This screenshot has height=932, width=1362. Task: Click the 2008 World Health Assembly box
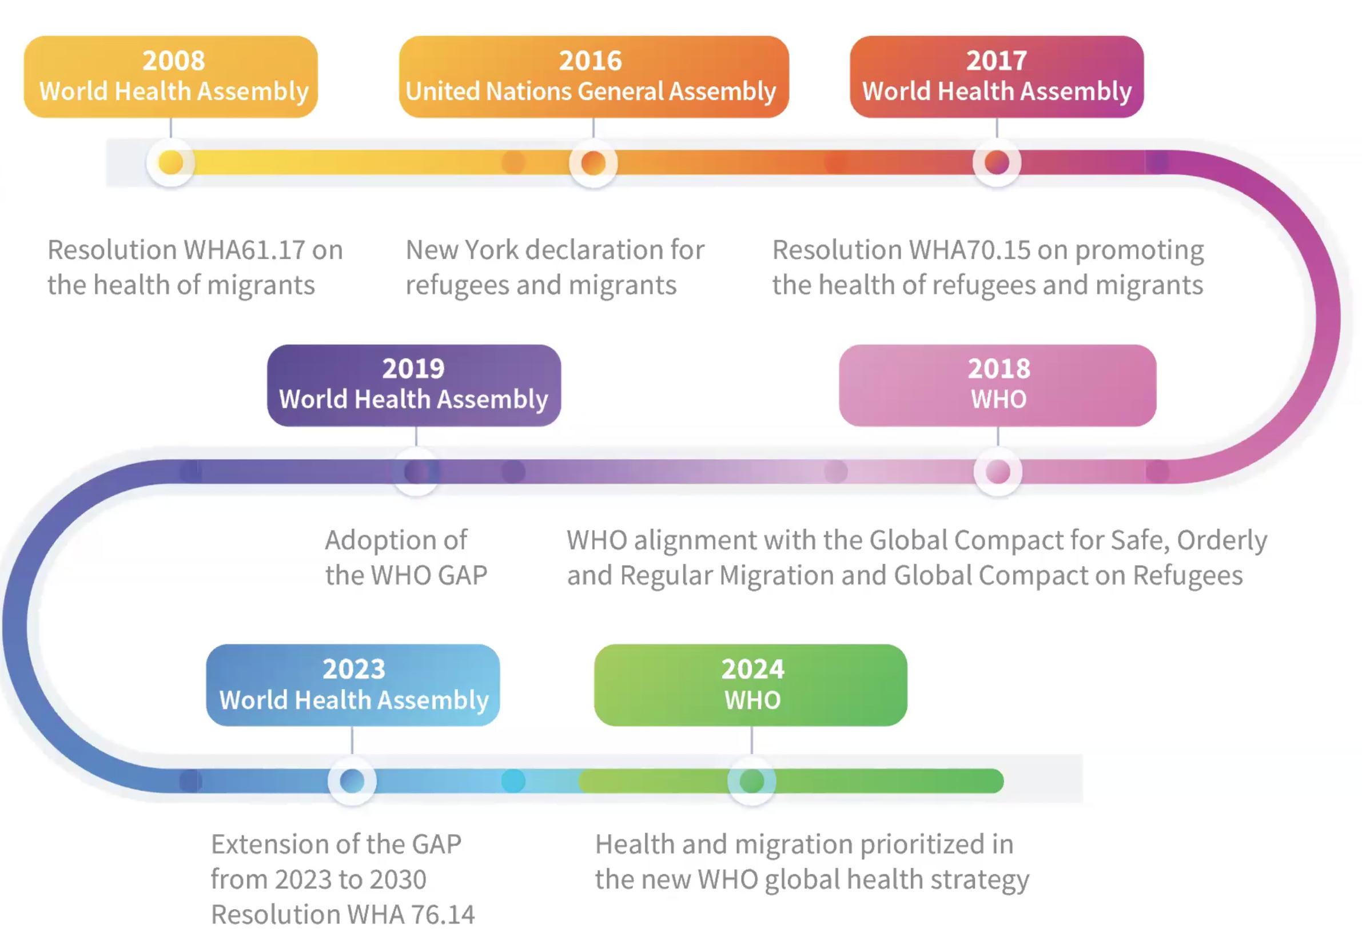[x=170, y=77]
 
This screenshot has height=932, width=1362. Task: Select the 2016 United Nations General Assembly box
[x=593, y=77]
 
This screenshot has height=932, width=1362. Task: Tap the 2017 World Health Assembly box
[x=996, y=77]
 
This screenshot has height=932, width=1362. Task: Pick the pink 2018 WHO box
[x=997, y=385]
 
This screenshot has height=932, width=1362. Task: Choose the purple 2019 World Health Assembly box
[x=414, y=385]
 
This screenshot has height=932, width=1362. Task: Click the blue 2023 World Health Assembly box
[x=353, y=684]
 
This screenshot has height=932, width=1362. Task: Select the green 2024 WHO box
[x=751, y=684]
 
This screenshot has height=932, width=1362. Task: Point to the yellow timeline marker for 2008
[x=170, y=162]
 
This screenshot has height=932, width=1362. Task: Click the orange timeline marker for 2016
[x=593, y=162]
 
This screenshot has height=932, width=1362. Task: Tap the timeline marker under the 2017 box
[x=996, y=162]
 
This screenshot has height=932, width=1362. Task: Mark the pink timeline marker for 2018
[x=997, y=471]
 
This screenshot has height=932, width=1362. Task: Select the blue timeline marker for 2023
[x=352, y=781]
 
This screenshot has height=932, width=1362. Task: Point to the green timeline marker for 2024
[x=751, y=781]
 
